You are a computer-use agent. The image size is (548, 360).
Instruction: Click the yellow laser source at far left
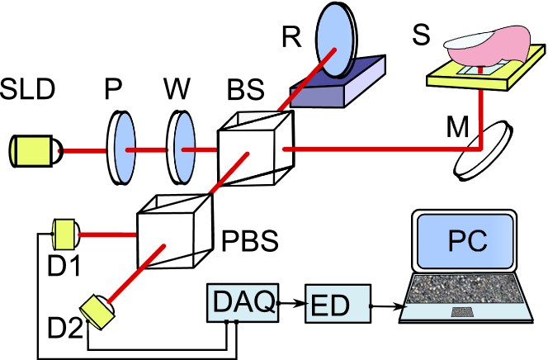(32, 151)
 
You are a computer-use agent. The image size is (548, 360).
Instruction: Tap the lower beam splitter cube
(173, 232)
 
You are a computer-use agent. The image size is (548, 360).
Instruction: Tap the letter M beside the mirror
(460, 130)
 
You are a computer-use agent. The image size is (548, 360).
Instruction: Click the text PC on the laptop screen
(467, 240)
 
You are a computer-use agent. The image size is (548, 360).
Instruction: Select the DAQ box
(242, 303)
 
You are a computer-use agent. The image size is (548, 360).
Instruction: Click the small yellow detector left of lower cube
(64, 234)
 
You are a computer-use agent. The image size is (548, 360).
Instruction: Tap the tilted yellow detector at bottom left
(97, 311)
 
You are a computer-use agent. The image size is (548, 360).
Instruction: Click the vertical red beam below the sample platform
(480, 116)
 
